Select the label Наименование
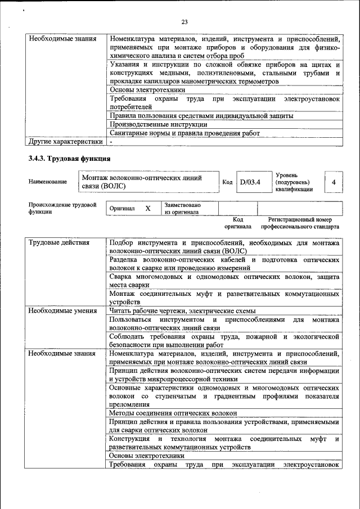(x=47, y=182)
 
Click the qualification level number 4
(x=334, y=182)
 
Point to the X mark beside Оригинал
(x=148, y=209)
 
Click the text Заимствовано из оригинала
(x=183, y=209)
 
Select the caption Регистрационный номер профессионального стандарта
(x=299, y=223)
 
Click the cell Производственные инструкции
(x=159, y=124)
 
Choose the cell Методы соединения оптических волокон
(x=173, y=413)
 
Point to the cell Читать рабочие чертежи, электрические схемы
(x=182, y=310)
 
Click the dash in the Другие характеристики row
(x=111, y=141)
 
